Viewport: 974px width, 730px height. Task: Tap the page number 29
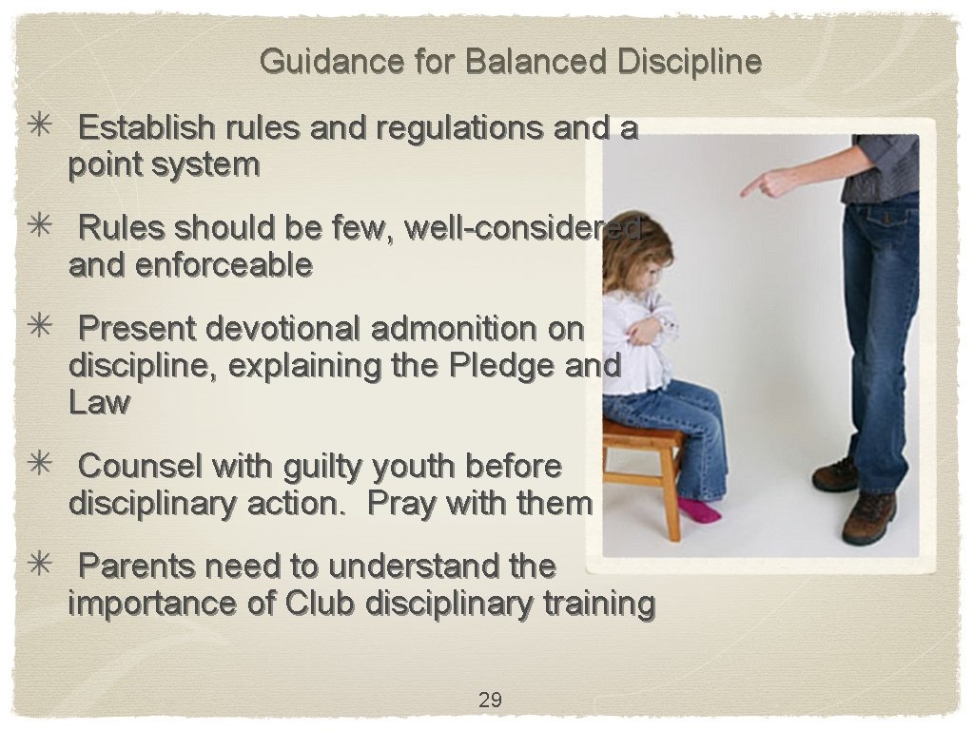[490, 701]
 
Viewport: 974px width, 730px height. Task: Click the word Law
[98, 403]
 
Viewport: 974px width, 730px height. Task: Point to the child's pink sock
[698, 510]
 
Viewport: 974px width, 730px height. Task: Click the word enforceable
[224, 266]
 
